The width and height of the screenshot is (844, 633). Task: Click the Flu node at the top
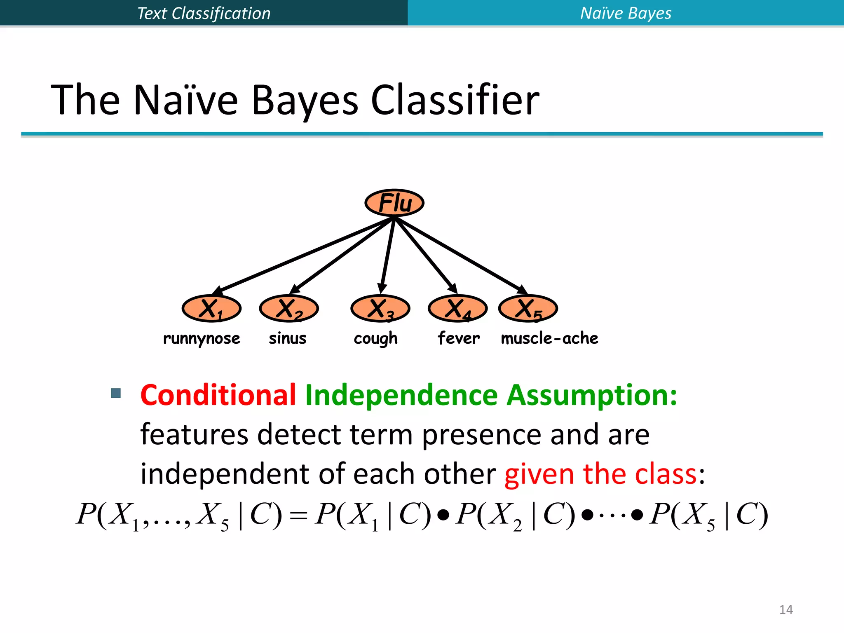[x=394, y=203]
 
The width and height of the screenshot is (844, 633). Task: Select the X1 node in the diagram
[x=211, y=308]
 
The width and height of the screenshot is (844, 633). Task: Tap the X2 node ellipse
[x=288, y=308]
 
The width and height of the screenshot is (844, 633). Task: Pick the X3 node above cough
[x=380, y=308]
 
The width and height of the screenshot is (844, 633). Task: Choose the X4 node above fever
[x=457, y=308]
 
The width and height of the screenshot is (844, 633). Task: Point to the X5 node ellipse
[x=528, y=308]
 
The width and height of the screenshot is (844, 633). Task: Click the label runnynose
[x=202, y=338]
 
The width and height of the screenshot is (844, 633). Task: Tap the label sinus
[x=288, y=338]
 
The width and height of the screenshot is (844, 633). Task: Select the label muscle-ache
[x=549, y=338]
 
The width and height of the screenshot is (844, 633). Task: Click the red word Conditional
[x=218, y=395]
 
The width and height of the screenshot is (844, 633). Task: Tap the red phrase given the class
[x=600, y=474]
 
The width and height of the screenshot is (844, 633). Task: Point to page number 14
[x=786, y=610]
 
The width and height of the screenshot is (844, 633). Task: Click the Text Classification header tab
[x=204, y=13]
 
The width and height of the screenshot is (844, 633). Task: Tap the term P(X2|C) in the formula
[x=515, y=515]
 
